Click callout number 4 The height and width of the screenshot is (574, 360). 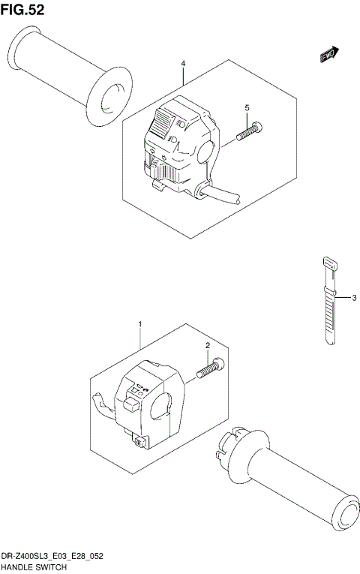pos(183,65)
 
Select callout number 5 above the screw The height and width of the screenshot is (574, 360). pos(246,109)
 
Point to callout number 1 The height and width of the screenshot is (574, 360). pos(139,323)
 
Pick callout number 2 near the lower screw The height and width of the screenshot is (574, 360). pos(205,345)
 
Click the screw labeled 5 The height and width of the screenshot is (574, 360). pos(249,132)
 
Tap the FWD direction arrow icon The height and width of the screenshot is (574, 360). pos(329,53)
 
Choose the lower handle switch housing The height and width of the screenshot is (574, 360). pos(146,401)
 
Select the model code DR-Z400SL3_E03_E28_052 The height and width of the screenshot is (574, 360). pos(52,557)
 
